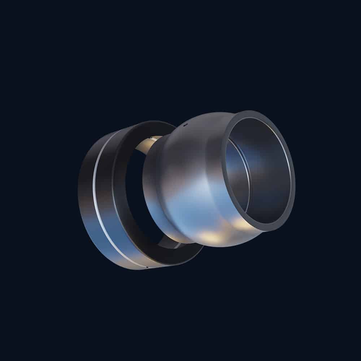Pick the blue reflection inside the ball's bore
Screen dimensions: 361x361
[x=235, y=162]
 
